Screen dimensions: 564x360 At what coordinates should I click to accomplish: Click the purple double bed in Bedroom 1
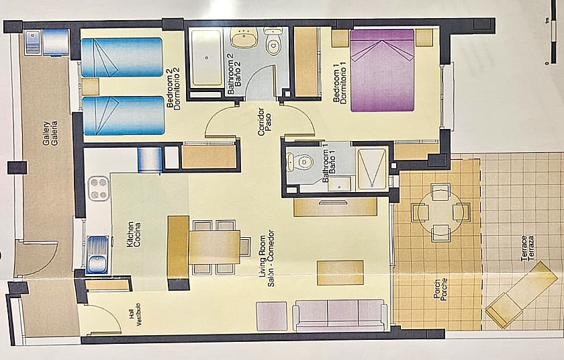(382, 71)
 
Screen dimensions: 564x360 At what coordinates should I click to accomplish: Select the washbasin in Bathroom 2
(244, 38)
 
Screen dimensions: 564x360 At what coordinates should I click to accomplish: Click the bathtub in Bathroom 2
(207, 58)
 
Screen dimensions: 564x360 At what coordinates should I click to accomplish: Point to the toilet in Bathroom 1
(300, 162)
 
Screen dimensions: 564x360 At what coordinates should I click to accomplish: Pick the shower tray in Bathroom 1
(371, 169)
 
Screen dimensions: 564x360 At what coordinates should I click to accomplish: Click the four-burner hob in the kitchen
(99, 188)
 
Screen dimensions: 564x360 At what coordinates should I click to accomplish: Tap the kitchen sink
(97, 255)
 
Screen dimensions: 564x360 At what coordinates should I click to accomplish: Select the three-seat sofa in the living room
(340, 315)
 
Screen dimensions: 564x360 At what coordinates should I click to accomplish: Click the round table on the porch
(440, 212)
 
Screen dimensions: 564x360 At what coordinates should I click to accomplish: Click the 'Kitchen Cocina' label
(134, 234)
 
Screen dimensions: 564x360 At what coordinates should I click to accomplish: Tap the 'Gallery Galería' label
(50, 134)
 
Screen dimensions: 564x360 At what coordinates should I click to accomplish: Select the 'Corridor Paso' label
(265, 122)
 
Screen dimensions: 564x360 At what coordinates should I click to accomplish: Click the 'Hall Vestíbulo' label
(136, 315)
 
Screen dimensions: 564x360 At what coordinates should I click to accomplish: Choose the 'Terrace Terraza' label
(527, 248)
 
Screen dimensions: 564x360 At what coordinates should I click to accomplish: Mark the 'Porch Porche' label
(440, 290)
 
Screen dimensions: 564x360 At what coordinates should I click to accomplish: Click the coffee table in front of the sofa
(340, 273)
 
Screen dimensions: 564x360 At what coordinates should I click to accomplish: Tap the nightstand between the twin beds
(90, 87)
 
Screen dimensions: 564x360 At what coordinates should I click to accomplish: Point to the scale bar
(550, 42)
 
